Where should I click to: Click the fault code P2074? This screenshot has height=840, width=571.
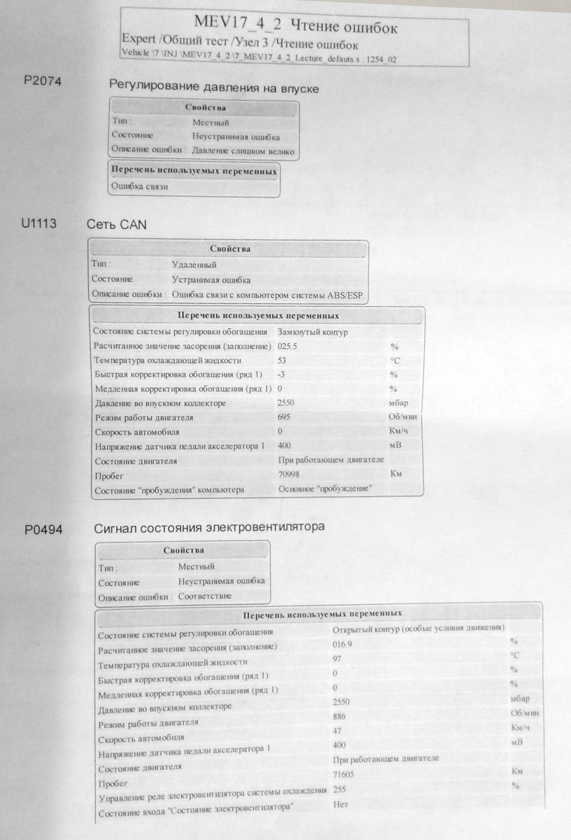43,82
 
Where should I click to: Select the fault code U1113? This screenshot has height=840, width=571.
39,224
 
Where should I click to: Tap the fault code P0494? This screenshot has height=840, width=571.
44,530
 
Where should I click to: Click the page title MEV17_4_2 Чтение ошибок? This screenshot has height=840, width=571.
296,25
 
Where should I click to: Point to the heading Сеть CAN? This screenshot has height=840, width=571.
116,225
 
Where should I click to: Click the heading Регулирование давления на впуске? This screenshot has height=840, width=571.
214,87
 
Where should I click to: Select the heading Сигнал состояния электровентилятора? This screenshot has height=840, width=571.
209,527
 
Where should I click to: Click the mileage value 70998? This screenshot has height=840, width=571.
289,474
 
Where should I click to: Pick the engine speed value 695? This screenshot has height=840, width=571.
284,417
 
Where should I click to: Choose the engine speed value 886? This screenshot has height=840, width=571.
339,716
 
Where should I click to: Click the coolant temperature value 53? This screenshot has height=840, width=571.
281,360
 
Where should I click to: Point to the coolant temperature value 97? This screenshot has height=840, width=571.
337,658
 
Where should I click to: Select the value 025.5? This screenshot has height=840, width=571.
287,346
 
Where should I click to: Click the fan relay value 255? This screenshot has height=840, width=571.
340,789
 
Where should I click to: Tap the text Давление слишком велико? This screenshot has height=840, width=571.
243,151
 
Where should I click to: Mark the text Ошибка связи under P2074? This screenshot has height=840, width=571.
139,186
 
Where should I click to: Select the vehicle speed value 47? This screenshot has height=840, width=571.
337,731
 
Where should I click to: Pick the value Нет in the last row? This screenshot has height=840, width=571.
340,804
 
